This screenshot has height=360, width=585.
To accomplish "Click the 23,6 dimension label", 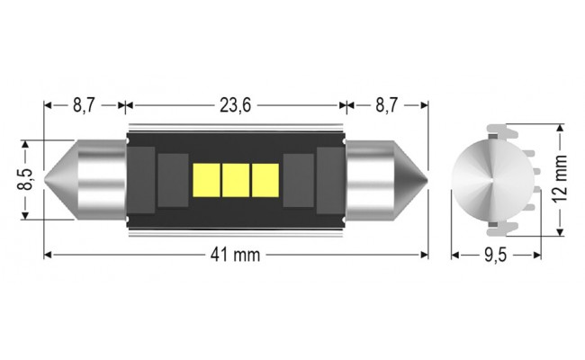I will [235, 106].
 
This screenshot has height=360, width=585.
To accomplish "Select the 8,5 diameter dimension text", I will [27, 179].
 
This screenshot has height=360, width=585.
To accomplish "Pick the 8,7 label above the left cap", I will [84, 106].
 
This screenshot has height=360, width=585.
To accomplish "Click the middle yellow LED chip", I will [237, 180].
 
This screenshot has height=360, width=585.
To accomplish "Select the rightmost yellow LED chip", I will [265, 180].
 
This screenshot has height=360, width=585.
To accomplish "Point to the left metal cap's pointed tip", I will [48, 178].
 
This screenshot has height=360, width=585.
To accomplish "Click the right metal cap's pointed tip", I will [427, 178].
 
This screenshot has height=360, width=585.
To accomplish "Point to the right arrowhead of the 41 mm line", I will [427, 255].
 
